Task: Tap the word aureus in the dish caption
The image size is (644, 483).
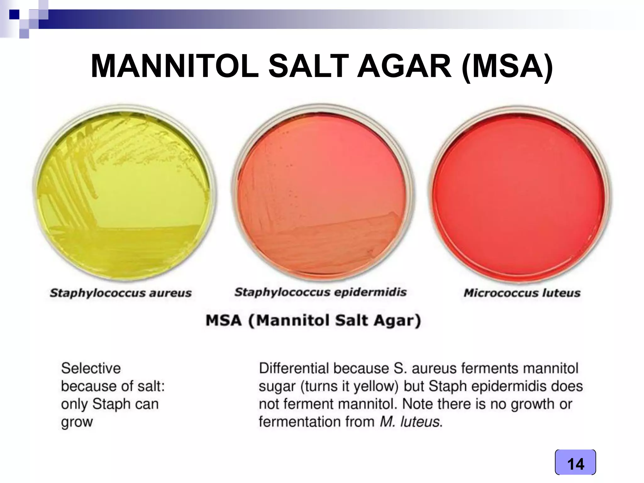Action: click(x=170, y=293)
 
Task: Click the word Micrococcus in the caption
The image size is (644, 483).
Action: click(x=500, y=293)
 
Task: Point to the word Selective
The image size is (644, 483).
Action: click(x=91, y=368)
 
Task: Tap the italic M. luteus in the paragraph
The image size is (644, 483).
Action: click(x=410, y=422)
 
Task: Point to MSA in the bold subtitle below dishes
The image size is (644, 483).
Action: click(x=224, y=321)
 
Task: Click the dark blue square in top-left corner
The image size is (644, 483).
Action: click(x=14, y=14)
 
